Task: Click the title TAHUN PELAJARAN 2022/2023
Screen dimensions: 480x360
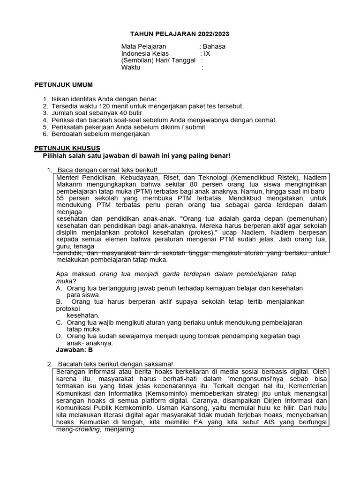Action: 180,34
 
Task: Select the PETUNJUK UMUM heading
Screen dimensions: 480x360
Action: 64,84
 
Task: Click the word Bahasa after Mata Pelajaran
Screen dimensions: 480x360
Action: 214,46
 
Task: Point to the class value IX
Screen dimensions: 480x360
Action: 207,53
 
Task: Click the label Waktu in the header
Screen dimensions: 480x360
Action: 131,67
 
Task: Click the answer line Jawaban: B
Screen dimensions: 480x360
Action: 75,350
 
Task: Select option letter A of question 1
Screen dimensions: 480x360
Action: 59,288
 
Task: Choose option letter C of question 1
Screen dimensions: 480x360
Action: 59,322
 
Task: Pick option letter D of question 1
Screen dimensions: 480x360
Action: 59,336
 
